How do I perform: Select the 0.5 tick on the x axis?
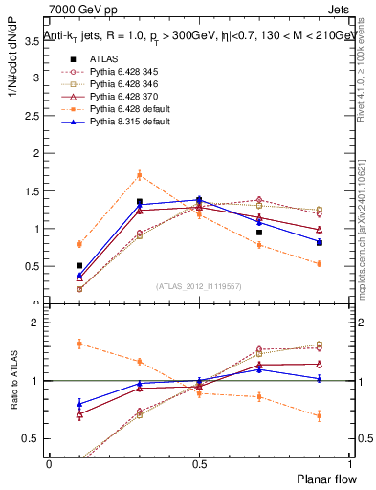198,464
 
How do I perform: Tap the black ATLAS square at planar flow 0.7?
258,233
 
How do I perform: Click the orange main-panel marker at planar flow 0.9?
319,263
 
